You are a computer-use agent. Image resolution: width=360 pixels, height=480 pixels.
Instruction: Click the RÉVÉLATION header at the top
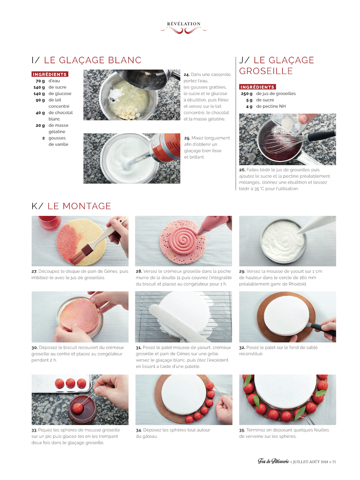184,24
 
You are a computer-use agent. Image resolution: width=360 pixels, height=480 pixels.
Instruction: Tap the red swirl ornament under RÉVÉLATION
184,30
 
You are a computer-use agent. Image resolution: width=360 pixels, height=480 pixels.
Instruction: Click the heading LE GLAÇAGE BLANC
93,60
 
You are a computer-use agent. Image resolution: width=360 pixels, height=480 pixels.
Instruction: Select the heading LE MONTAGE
79,206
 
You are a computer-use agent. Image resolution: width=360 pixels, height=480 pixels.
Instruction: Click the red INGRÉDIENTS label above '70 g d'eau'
50,74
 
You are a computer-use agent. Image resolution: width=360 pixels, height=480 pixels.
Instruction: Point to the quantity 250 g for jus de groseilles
247,94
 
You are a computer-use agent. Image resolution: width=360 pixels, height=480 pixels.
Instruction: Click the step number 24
186,75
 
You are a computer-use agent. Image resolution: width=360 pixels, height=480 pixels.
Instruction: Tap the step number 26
242,170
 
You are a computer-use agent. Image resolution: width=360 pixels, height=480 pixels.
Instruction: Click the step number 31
139,348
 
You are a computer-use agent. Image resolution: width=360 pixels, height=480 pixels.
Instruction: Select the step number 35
242,430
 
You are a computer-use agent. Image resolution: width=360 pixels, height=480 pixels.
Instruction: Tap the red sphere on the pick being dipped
78,408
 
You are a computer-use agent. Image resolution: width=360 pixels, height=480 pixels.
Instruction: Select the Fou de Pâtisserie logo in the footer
273,461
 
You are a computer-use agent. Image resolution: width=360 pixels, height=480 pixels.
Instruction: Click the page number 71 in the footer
334,462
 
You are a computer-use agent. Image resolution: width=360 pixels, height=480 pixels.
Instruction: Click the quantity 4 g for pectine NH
249,107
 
